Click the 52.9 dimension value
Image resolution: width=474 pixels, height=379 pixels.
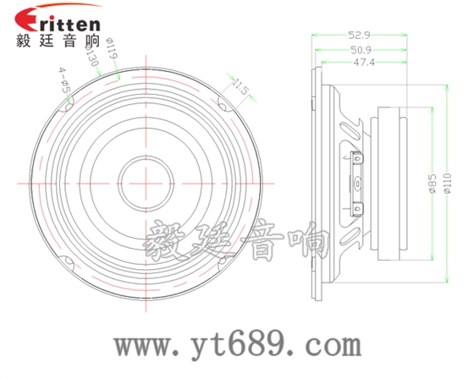click(359, 36)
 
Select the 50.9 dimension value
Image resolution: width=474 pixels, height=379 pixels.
click(361, 50)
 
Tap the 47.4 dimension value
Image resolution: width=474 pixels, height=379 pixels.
click(364, 63)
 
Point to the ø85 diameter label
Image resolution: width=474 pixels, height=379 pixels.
click(433, 183)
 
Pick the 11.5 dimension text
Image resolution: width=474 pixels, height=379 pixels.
click(240, 86)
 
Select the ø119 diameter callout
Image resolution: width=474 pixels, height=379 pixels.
click(112, 48)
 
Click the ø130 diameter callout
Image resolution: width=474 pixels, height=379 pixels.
click(92, 55)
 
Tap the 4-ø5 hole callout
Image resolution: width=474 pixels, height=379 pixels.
click(64, 80)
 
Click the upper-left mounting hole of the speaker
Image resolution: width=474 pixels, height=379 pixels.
click(69, 107)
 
